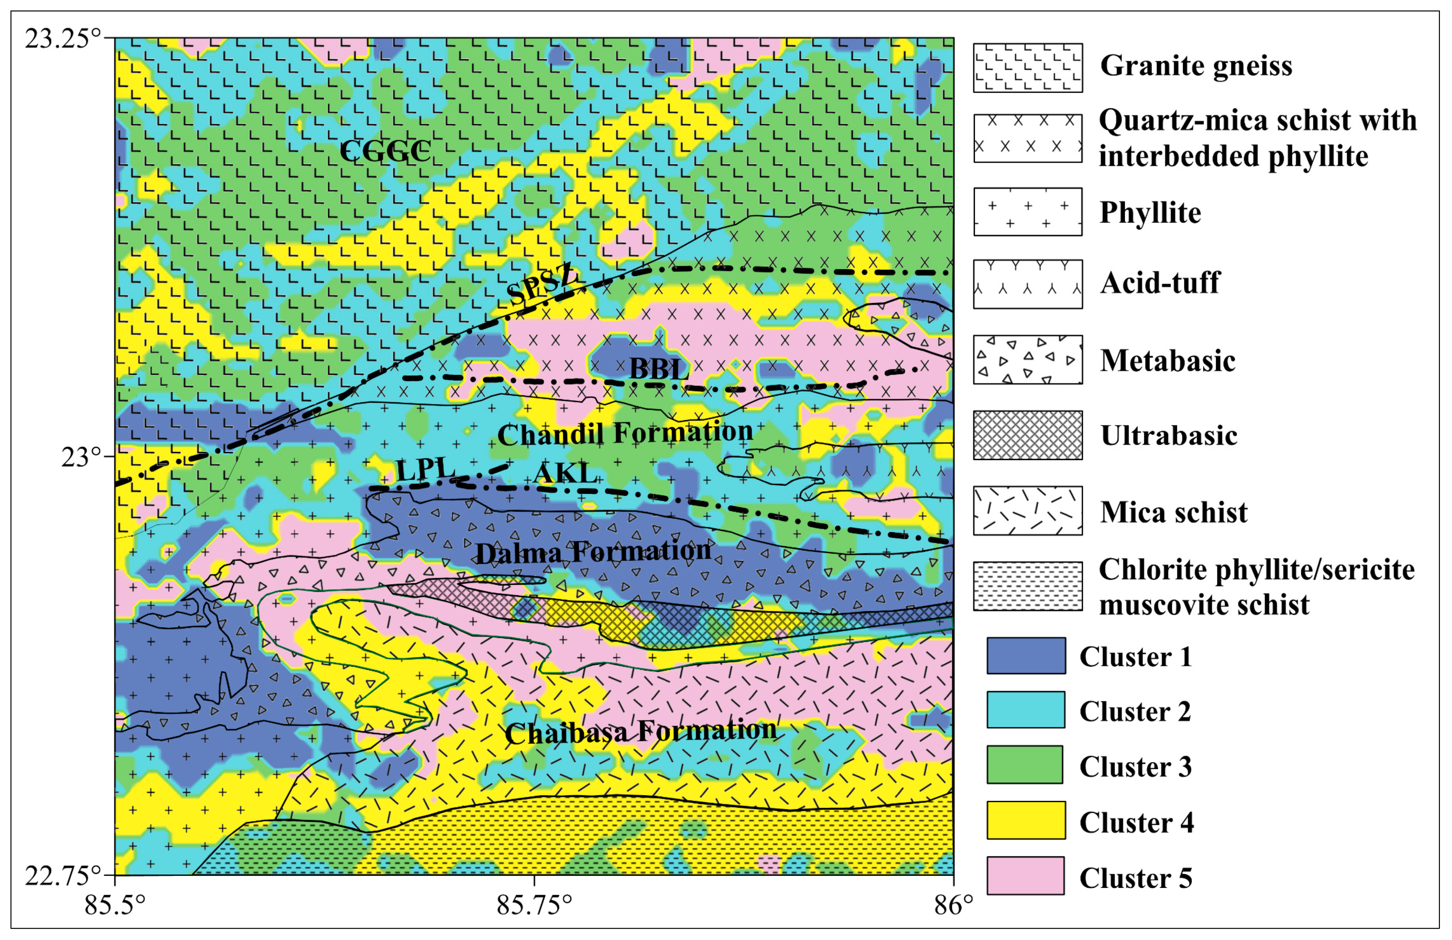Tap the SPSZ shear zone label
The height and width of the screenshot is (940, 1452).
tap(542, 284)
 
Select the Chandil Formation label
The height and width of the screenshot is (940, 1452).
tap(625, 433)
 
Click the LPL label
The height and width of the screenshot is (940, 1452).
tap(425, 470)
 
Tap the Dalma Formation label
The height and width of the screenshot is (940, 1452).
tap(593, 552)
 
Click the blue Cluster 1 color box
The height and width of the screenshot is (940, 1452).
tap(1026, 656)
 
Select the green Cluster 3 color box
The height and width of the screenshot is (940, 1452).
tap(1025, 764)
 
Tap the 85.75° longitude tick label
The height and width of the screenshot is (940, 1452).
tap(535, 905)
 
